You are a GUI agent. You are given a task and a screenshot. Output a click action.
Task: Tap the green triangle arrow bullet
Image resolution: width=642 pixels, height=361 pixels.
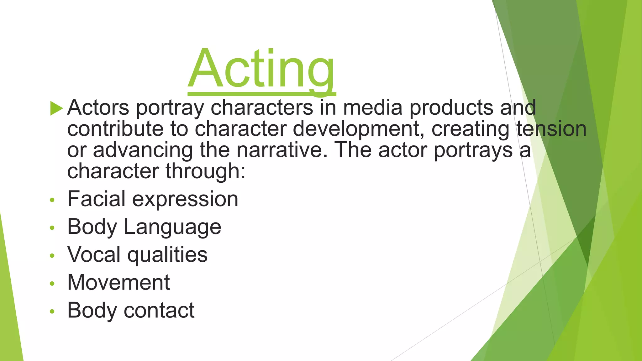pos(56,108)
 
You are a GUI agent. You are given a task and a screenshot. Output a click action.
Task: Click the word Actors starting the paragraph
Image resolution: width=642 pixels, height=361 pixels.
pos(98,108)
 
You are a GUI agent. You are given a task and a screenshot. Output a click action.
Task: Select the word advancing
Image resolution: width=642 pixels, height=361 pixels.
pos(143,150)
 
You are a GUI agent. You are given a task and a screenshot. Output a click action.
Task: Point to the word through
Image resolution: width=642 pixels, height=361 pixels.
pos(205,171)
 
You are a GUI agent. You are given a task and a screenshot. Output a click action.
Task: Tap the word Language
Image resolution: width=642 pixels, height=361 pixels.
pos(172,227)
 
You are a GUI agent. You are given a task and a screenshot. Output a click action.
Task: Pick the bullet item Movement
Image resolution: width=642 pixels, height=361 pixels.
pos(118,282)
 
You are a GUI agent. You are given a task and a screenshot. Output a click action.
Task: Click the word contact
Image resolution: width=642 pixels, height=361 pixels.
pos(159,310)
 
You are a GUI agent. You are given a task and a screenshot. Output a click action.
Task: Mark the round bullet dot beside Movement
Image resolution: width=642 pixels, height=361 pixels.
pos(52,284)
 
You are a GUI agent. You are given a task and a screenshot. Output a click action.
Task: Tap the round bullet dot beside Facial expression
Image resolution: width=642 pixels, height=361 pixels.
pos(52,200)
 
